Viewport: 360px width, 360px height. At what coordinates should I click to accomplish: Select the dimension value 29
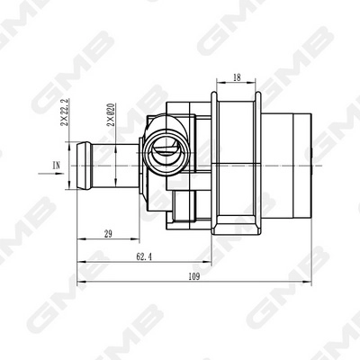(107, 234)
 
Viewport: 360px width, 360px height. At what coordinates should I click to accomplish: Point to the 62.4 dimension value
(143, 256)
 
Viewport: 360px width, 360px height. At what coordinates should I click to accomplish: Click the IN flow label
(57, 165)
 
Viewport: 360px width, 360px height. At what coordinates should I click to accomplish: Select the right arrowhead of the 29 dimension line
(143, 240)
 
